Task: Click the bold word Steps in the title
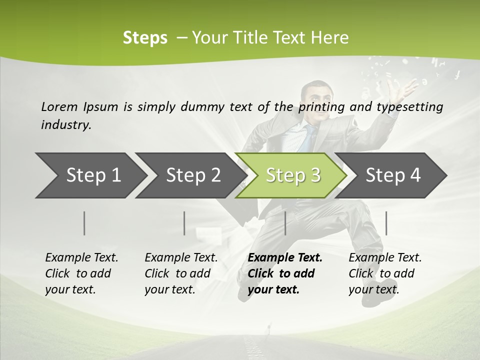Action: pyautogui.click(x=145, y=38)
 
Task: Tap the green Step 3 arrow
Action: pyautogui.click(x=293, y=175)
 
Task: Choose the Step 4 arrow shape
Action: pyautogui.click(x=393, y=175)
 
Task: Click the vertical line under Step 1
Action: pyautogui.click(x=84, y=223)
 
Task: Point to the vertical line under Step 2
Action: pyautogui.click(x=184, y=223)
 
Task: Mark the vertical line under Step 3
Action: pyautogui.click(x=285, y=223)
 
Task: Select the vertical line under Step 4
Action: pyautogui.click(x=386, y=223)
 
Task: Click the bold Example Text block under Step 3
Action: pyautogui.click(x=285, y=273)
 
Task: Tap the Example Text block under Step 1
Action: pyautogui.click(x=81, y=273)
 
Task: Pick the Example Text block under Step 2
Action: pyautogui.click(x=181, y=273)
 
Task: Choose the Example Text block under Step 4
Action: pyautogui.click(x=385, y=273)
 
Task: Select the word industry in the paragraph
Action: pyautogui.click(x=66, y=125)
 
